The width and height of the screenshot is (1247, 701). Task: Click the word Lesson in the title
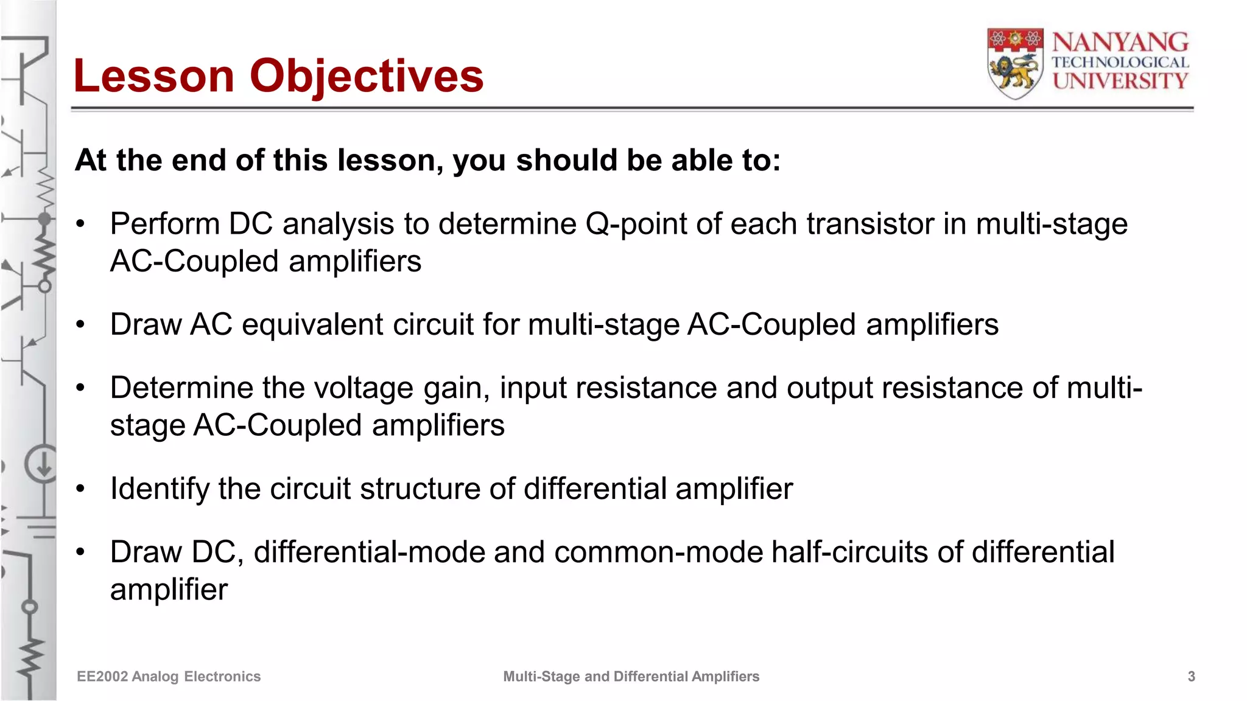tap(153, 76)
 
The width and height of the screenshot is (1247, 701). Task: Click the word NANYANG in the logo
tap(1120, 43)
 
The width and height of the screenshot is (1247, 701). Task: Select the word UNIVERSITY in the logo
tap(1120, 81)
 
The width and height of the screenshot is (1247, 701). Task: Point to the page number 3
tap(1191, 677)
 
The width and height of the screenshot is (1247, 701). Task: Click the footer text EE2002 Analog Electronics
tap(169, 677)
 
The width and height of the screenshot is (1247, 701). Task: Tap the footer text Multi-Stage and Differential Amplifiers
tap(631, 677)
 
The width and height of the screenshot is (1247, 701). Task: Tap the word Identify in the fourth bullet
tap(159, 489)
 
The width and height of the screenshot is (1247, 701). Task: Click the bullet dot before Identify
tap(80, 489)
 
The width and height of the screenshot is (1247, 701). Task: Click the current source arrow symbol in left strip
tap(43, 466)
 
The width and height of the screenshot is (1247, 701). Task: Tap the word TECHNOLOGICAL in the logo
tap(1120, 62)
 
